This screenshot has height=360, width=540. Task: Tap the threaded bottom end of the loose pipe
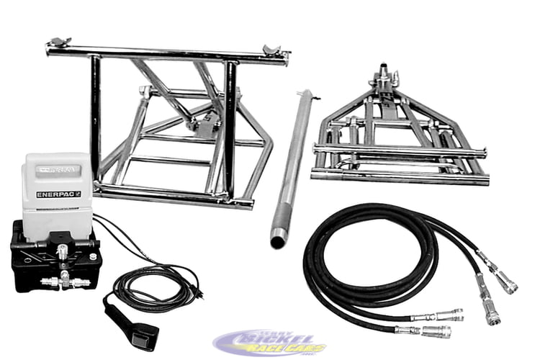(x=278, y=238)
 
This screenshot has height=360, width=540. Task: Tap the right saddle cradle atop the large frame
(x=272, y=51)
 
